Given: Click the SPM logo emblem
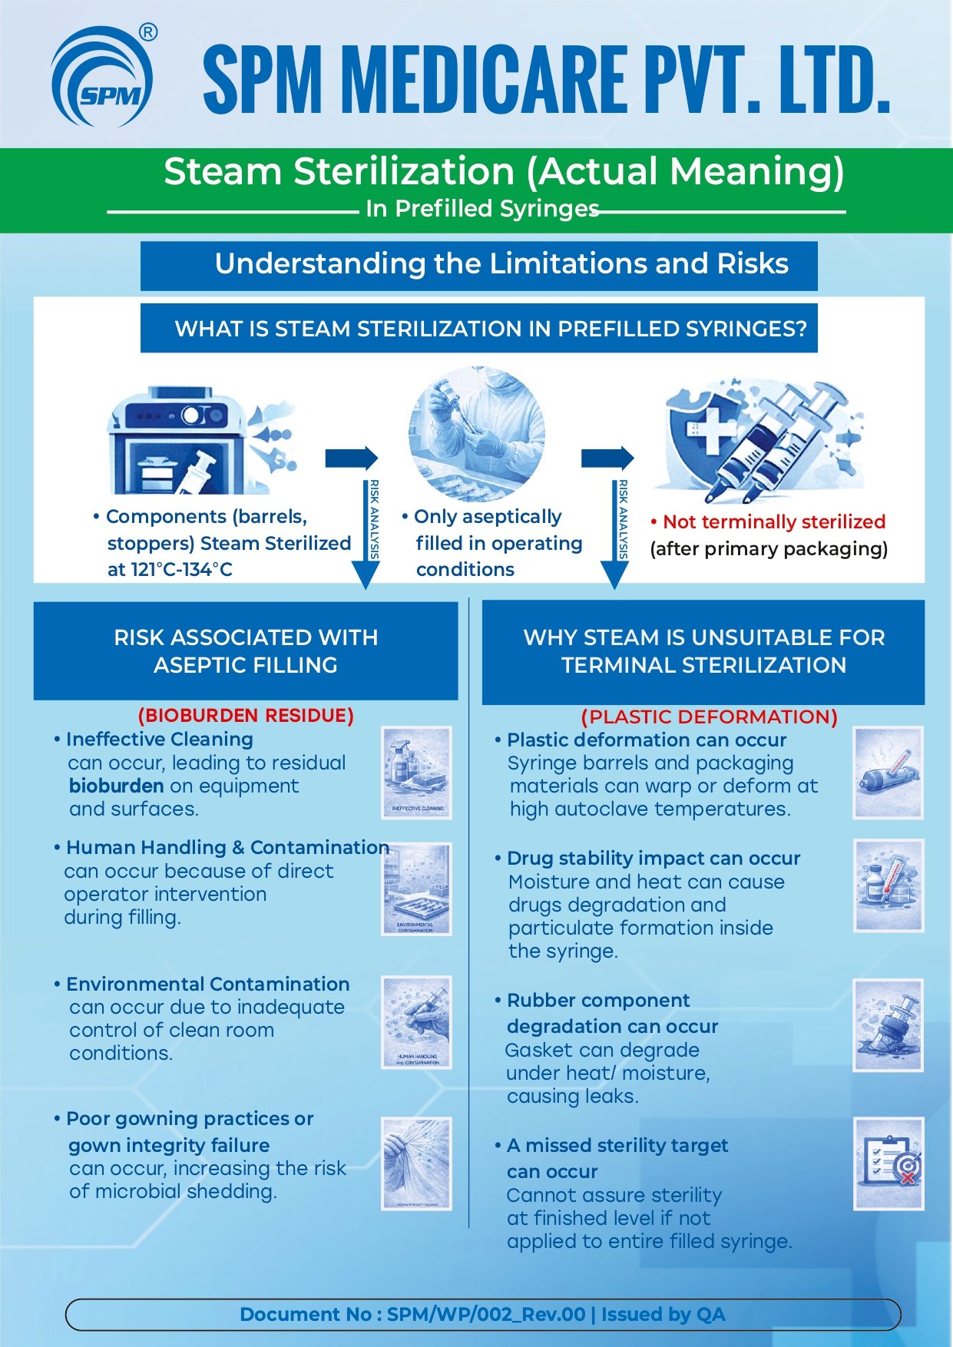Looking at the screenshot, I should coord(102,78).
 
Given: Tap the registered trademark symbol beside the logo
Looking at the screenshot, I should coord(149,32).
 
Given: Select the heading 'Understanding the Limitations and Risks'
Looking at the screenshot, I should coord(501,264).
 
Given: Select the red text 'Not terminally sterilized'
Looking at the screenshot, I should coord(773,522).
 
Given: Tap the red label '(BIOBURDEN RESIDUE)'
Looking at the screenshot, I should coord(246,716).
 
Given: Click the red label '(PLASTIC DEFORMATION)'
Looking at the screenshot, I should coord(709,717).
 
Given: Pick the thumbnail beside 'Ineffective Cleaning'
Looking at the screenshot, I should coord(417,772).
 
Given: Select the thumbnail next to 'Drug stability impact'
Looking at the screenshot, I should coord(888,885).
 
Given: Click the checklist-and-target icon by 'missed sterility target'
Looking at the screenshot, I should coord(888,1163).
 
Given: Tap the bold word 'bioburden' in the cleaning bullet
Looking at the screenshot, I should coord(116,786).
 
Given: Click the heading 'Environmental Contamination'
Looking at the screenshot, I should coord(207,984).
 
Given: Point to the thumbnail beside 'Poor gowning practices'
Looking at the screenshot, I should coord(417,1163).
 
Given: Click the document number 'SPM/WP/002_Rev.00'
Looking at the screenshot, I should coord(486,1314).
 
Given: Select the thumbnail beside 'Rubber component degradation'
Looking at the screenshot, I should coord(888,1024).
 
